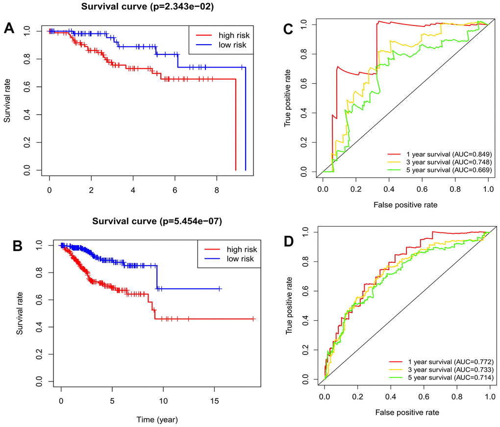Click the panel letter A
pyautogui.click(x=9, y=28)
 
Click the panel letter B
pyautogui.click(x=18, y=246)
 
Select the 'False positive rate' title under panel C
pyautogui.click(x=405, y=203)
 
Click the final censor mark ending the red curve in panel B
pyautogui.click(x=253, y=319)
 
